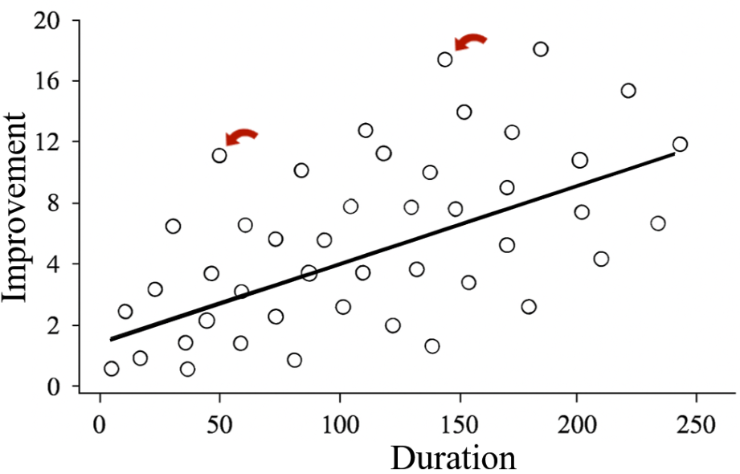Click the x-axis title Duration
pyautogui.click(x=453, y=457)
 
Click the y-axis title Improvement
pyautogui.click(x=18, y=206)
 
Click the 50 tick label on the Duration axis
pyautogui.click(x=219, y=423)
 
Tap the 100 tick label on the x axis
pyautogui.click(x=339, y=423)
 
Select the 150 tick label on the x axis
pyautogui.click(x=458, y=423)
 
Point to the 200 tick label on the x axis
pyautogui.click(x=577, y=423)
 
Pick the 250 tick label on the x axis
pyautogui.click(x=696, y=423)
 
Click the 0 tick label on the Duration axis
pyautogui.click(x=100, y=423)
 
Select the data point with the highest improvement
pyautogui.click(x=541, y=49)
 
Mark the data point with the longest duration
pyautogui.click(x=681, y=145)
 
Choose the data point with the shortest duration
pyautogui.click(x=112, y=369)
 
